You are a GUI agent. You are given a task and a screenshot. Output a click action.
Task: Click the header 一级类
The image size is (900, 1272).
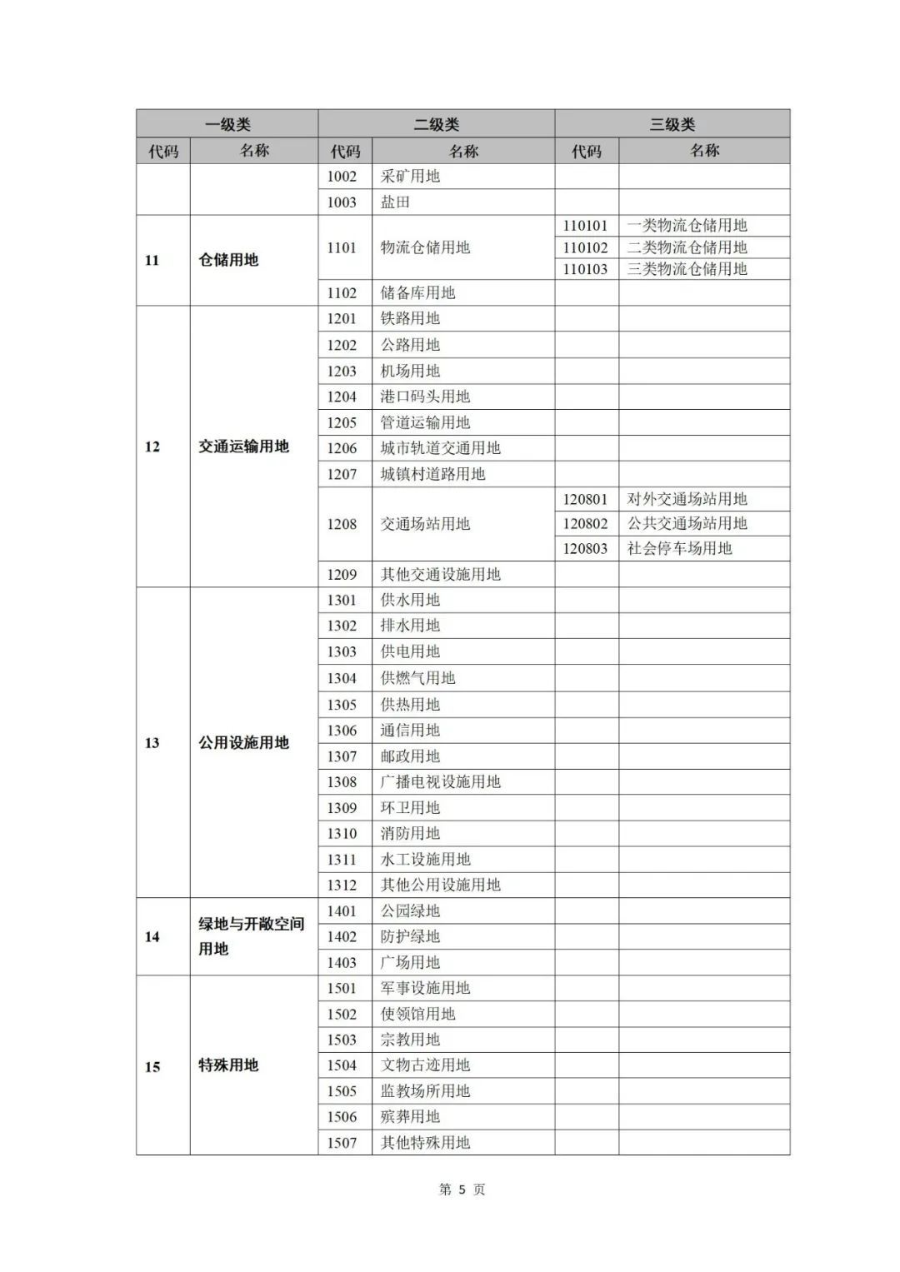point(227,124)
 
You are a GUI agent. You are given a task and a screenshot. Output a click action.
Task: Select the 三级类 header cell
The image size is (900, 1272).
point(672,124)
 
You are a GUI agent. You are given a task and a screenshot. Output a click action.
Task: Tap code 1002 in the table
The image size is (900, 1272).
point(342,177)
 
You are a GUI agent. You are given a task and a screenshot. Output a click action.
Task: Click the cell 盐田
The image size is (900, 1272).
point(395,202)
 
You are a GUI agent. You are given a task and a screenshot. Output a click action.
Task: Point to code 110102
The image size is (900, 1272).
point(585,247)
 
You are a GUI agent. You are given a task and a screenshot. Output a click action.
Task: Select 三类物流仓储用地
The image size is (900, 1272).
point(687,269)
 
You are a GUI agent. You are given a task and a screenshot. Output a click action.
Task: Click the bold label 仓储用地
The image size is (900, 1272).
point(228,260)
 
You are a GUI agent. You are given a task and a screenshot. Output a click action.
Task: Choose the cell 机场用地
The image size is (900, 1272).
point(410,371)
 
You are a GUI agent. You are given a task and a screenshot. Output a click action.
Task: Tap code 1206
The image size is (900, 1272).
point(342,448)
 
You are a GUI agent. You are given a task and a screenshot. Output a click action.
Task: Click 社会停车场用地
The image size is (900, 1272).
point(679,548)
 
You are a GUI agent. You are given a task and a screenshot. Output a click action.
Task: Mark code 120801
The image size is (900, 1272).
point(585,499)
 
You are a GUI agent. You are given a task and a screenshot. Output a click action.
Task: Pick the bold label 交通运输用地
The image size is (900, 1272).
point(243,446)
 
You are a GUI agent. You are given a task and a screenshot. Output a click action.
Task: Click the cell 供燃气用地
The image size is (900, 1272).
point(417,678)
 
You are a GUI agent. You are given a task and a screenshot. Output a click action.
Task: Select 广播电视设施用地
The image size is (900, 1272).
point(440,781)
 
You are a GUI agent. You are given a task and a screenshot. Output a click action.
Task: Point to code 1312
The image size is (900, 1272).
point(342,885)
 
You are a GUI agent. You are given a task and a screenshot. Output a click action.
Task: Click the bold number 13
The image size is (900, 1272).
point(152,743)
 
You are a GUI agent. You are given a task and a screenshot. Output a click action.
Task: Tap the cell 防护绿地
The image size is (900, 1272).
point(410,936)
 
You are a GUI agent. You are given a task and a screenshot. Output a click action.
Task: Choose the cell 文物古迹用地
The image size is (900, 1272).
point(425,1065)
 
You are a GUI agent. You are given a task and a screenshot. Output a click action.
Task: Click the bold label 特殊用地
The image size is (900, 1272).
point(228,1065)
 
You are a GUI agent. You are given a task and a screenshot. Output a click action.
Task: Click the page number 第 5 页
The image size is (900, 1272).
point(462,1190)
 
